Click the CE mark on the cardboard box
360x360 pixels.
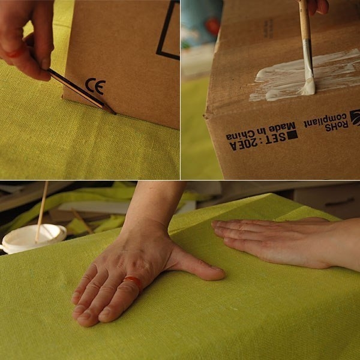(95, 86)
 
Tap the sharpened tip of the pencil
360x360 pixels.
(115, 113)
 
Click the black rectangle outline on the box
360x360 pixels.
(168, 30)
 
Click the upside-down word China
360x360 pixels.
(241, 135)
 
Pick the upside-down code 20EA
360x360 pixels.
(243, 145)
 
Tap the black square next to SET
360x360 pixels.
(292, 135)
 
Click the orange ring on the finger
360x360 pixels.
(133, 281)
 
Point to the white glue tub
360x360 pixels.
(34, 238)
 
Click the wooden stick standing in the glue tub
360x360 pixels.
(42, 211)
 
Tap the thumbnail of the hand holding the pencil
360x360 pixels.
(46, 63)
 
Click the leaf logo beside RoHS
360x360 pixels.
(355, 118)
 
